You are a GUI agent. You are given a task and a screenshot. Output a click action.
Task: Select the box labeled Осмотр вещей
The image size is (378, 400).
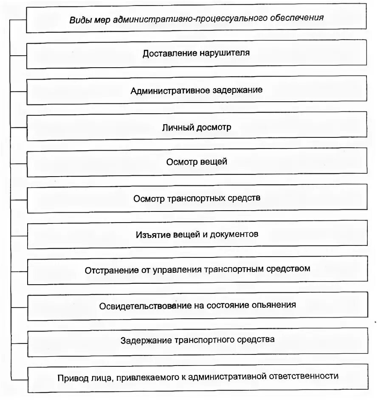pos(197,163)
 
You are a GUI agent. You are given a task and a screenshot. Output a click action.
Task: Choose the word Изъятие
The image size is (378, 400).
pos(153,235)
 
